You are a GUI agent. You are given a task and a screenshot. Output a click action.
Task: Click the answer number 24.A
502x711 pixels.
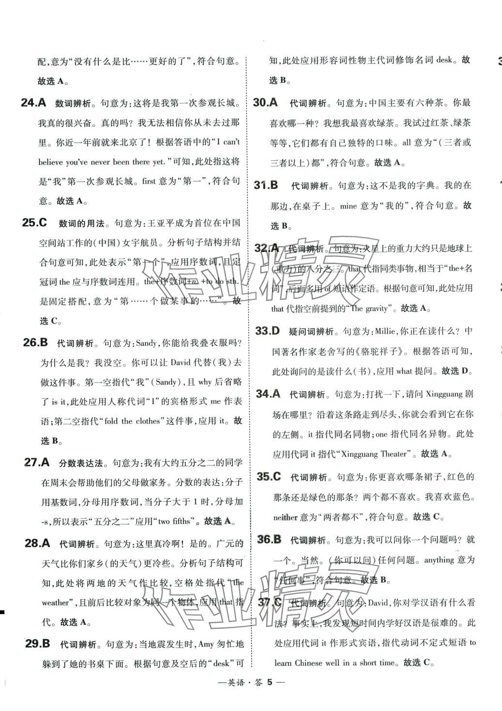pyautogui.click(x=33, y=103)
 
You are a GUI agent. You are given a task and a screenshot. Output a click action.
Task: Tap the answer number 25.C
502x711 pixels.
pyautogui.click(x=35, y=223)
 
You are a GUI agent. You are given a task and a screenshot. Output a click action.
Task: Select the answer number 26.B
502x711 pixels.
pyautogui.click(x=35, y=342)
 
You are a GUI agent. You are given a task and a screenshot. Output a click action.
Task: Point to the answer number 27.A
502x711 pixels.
pyautogui.click(x=37, y=462)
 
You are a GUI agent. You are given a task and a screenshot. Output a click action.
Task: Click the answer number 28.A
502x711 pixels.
pyautogui.click(x=37, y=543)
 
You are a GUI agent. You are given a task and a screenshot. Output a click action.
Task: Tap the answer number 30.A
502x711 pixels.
pyautogui.click(x=265, y=102)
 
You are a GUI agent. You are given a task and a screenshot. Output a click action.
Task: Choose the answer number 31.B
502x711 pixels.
pyautogui.click(x=266, y=185)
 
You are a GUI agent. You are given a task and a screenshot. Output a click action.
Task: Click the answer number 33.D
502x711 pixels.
pyautogui.click(x=267, y=331)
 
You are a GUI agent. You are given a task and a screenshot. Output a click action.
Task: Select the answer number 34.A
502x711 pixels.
pyautogui.click(x=268, y=394)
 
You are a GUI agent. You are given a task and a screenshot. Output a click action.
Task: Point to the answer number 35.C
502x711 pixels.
pyautogui.click(x=269, y=477)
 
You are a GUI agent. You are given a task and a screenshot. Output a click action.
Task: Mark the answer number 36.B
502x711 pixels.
pyautogui.click(x=269, y=539)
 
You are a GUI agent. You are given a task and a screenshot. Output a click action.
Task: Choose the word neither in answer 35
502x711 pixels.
pyautogui.click(x=286, y=517)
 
